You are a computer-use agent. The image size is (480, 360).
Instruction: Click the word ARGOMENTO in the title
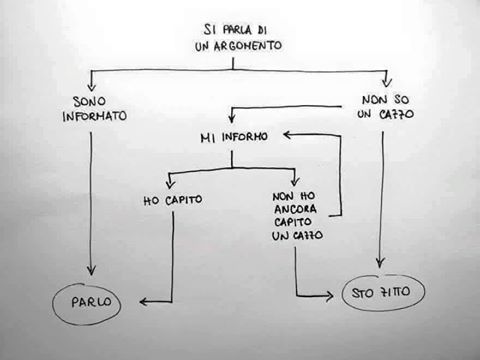point(248,46)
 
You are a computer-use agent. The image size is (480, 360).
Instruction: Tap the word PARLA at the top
point(237,30)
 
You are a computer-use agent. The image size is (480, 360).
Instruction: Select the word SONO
point(89,101)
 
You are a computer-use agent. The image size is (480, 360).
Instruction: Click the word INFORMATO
point(95,116)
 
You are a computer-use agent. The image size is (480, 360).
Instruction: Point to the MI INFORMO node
point(234,137)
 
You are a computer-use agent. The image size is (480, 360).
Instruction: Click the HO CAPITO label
point(173,200)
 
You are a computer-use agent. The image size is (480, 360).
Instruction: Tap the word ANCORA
point(295,209)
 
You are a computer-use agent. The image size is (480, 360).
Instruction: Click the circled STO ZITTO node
point(383,292)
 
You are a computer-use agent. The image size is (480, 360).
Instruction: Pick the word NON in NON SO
point(374,99)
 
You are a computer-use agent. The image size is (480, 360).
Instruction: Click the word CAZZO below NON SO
point(397,114)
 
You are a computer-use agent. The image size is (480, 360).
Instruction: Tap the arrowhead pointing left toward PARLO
point(144,302)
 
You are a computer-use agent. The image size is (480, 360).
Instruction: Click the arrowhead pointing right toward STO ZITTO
point(329,296)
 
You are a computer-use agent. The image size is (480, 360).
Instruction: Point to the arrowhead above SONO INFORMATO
point(91,86)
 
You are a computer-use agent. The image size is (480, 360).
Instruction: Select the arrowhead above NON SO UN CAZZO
point(387,82)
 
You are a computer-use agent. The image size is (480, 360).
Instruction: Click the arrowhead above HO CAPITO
point(170,184)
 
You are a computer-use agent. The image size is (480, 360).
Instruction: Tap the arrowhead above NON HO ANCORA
point(295,182)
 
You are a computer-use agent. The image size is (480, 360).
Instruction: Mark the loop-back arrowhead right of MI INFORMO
point(288,135)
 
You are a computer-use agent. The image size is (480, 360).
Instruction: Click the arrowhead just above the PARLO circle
point(91,270)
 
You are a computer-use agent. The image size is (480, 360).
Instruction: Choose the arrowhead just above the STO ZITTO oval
point(380,263)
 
